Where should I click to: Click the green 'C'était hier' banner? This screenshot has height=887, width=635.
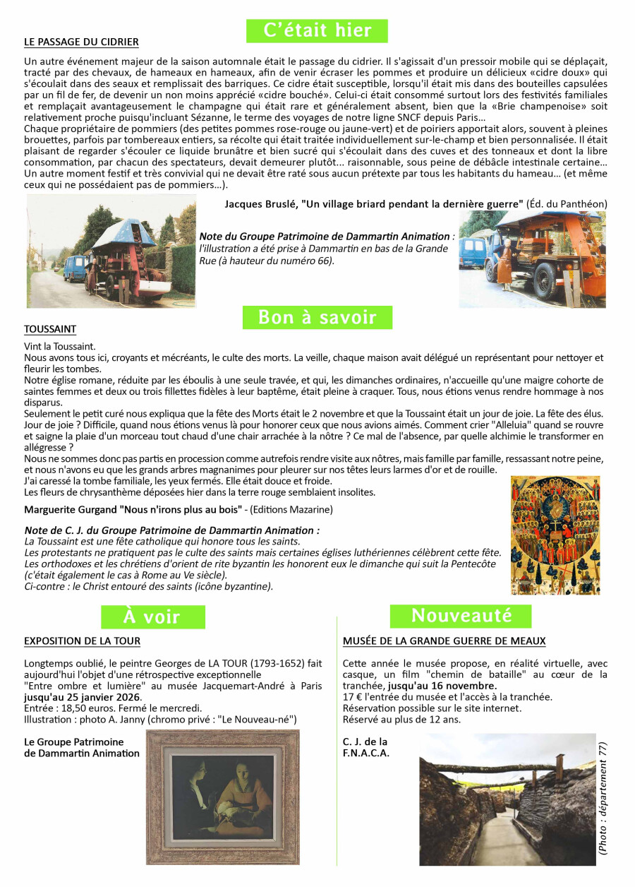coord(317,30)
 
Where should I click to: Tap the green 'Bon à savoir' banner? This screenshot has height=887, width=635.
coord(317,318)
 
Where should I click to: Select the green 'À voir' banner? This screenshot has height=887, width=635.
coord(152,617)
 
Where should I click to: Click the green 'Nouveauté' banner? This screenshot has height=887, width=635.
coord(461,616)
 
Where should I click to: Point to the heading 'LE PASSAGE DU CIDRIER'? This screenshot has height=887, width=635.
coord(81,42)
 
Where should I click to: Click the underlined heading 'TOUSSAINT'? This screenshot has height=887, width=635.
coord(50,330)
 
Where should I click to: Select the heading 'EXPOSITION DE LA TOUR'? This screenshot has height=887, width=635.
coord(82,641)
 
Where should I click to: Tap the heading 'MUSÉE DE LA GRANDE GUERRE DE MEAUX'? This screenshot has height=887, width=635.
coord(444,641)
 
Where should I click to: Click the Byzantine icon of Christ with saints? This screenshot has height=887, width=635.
coord(555,535)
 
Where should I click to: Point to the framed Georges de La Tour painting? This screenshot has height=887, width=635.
coord(223,797)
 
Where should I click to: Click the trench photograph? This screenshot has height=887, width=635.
coord(507,799)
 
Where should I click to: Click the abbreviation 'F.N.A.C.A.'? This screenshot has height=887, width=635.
coord(365,754)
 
